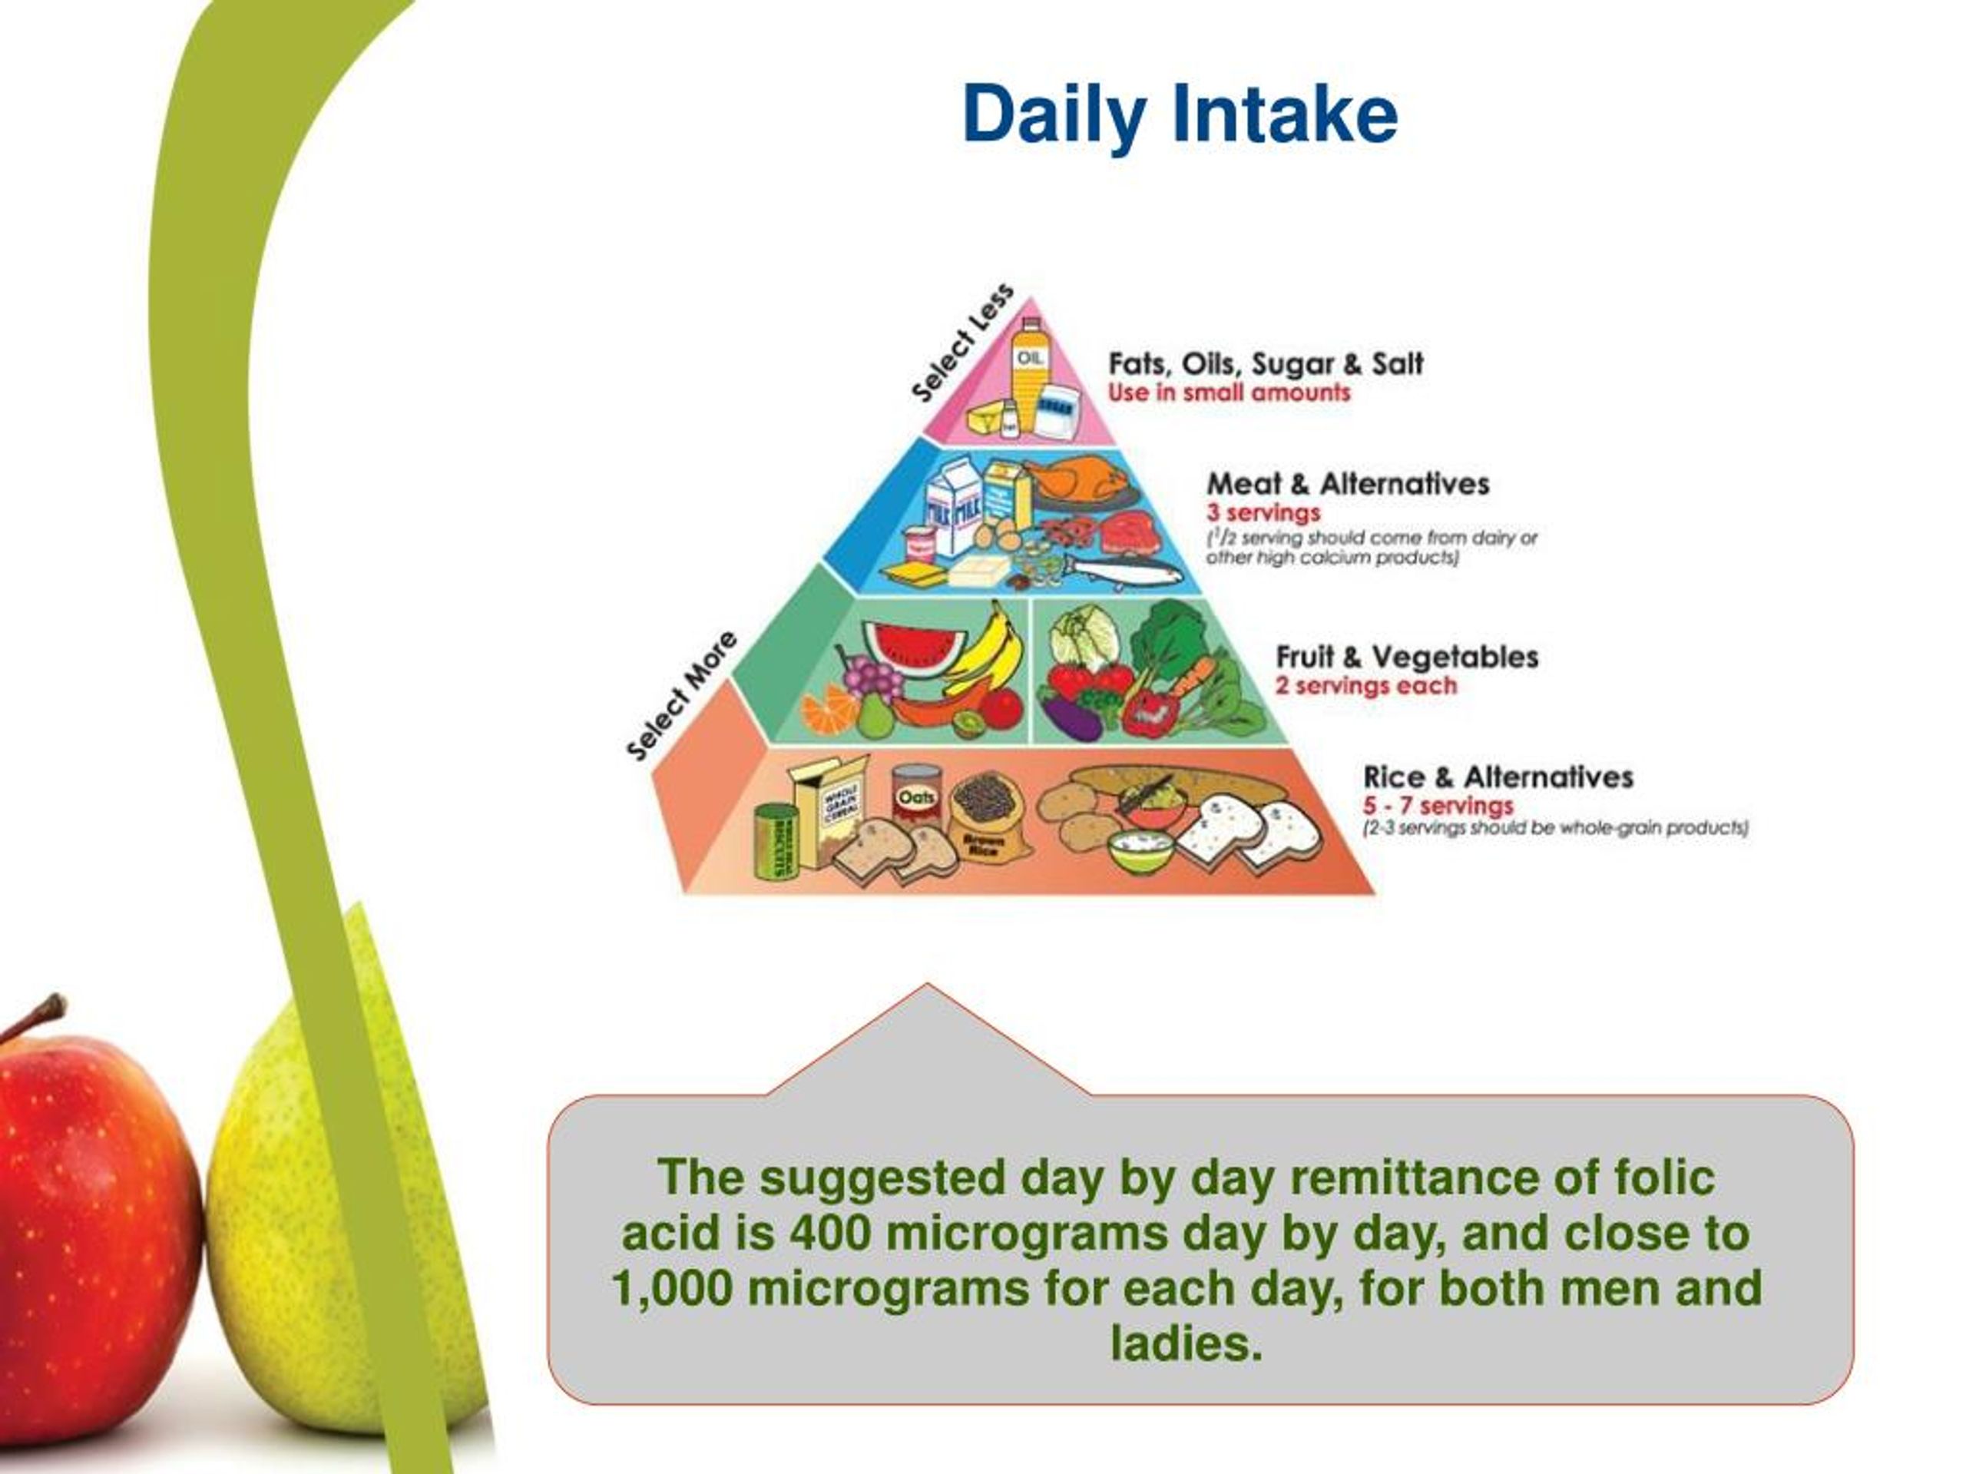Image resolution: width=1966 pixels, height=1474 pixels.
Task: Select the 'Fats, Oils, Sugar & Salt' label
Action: (x=1265, y=363)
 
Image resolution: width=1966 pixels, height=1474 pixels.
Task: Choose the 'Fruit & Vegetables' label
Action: (x=1407, y=657)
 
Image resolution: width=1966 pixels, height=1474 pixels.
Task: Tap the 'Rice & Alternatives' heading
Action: (x=1498, y=777)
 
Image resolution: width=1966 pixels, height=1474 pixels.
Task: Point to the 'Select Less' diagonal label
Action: (x=961, y=343)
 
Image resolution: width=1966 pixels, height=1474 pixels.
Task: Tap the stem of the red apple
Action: (x=45, y=1013)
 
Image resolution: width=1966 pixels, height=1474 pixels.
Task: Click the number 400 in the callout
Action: (x=829, y=1233)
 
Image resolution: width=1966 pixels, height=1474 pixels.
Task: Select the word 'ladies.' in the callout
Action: (x=1186, y=1343)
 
